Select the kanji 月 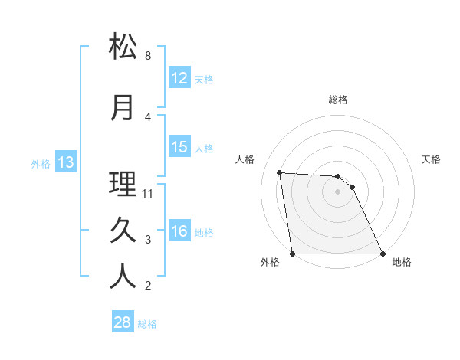123,107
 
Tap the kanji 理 123,184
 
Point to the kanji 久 123,230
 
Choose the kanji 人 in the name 123,277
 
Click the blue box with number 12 179,78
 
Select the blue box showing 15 179,147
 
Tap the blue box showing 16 179,231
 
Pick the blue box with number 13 66,162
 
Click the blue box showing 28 123,322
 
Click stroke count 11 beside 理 149,194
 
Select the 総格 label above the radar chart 338,100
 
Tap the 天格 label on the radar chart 432,159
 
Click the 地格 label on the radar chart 402,262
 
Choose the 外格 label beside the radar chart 270,262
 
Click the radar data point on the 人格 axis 280,172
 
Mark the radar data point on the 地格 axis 382,254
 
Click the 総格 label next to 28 147,324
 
